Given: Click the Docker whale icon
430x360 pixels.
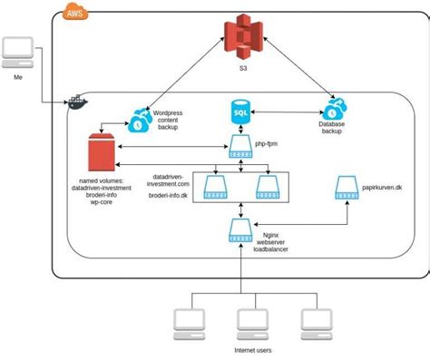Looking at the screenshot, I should tap(77, 102).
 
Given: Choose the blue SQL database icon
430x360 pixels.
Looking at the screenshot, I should tap(239, 114).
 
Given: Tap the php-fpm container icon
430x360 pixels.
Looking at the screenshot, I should tap(240, 146).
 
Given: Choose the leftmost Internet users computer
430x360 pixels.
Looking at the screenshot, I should tap(191, 322).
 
